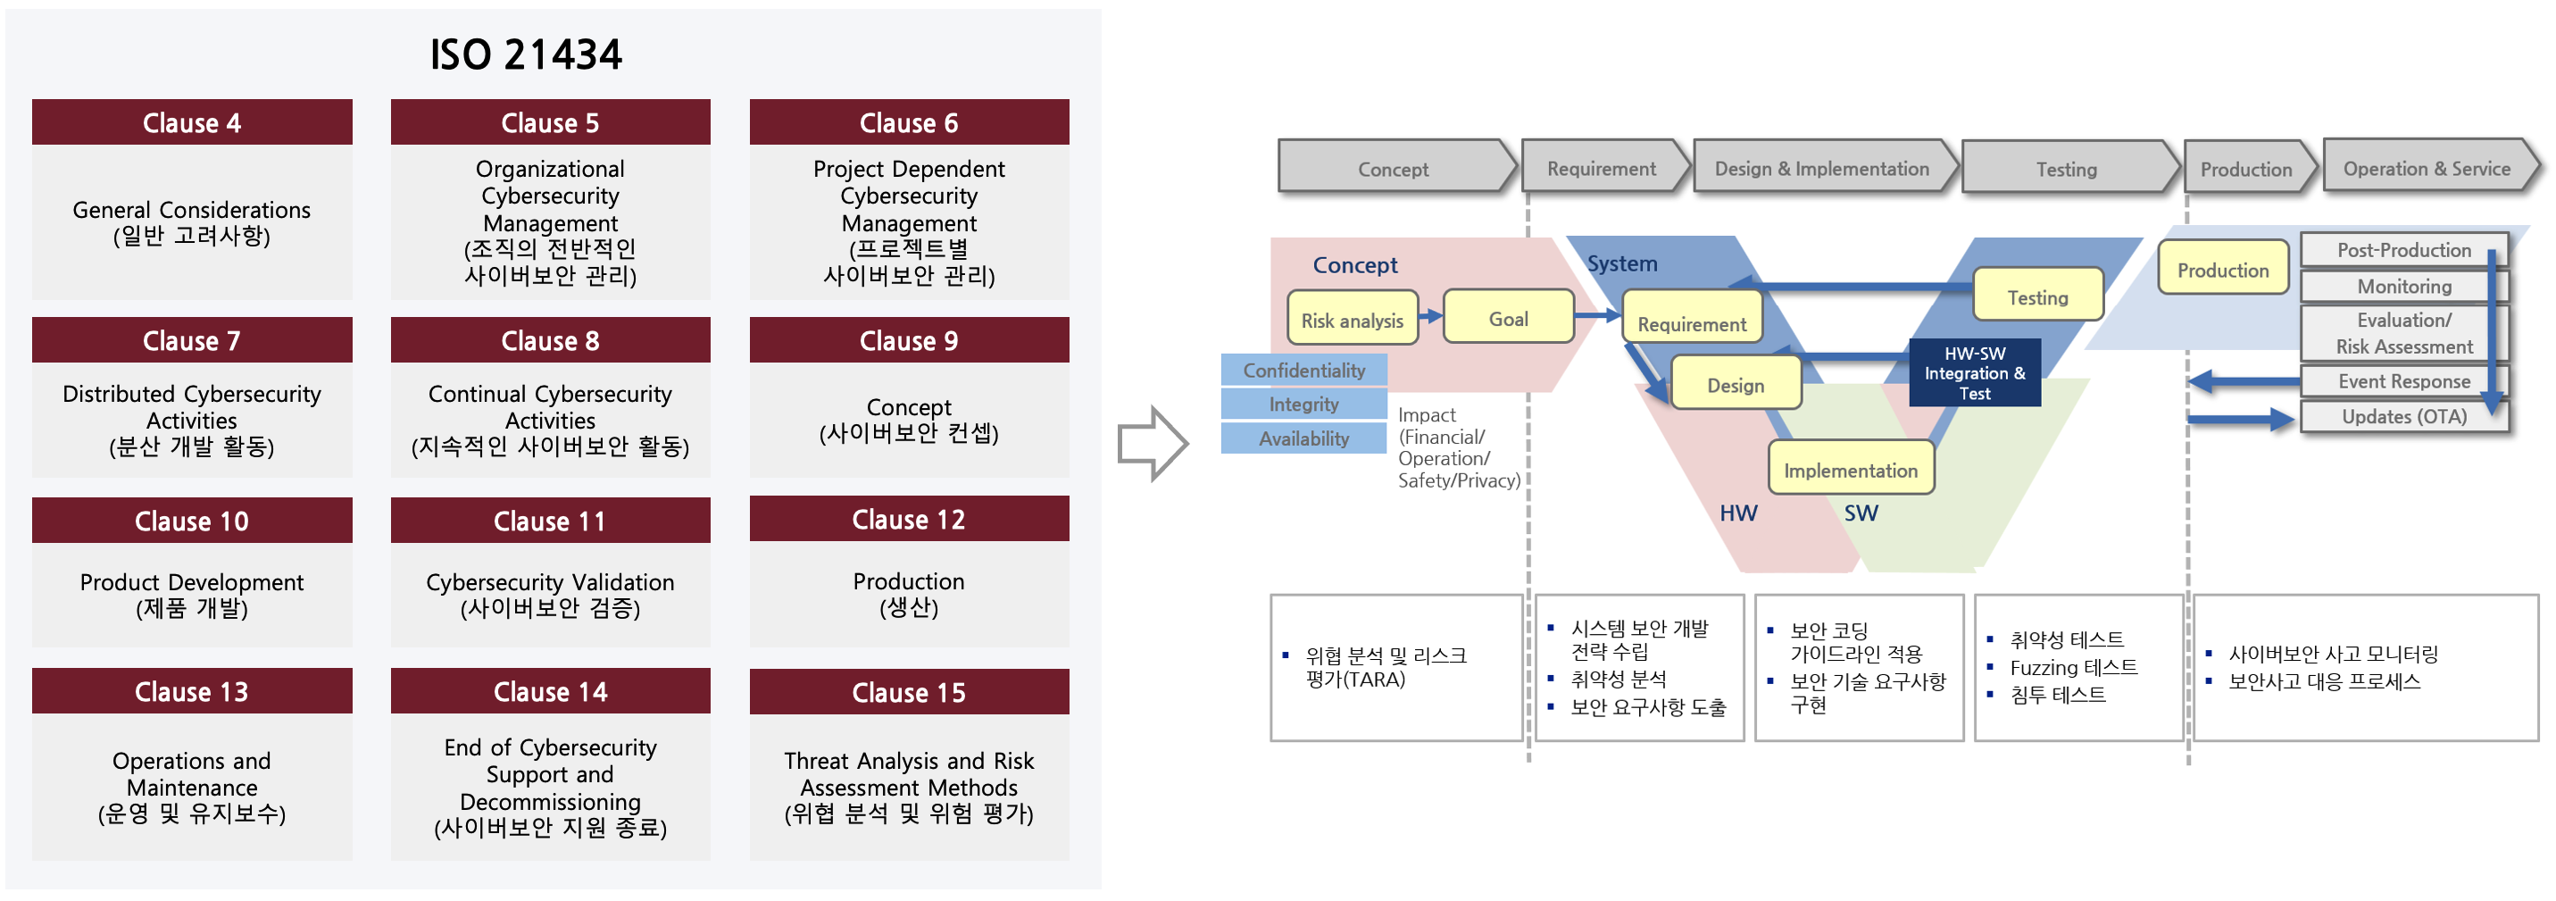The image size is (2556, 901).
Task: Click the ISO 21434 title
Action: point(525,54)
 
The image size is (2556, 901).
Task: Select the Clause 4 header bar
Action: point(192,123)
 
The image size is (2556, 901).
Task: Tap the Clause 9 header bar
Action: point(908,340)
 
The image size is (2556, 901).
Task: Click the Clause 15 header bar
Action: point(908,693)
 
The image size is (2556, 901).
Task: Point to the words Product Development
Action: point(192,582)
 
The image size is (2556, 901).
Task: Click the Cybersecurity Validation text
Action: point(550,582)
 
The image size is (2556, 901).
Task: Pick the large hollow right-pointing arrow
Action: point(1152,444)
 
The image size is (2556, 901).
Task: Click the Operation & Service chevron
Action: point(2427,168)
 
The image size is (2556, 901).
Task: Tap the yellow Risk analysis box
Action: point(1352,320)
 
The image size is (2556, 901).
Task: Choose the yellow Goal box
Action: point(1507,319)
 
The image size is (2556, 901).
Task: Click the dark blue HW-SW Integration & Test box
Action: point(1974,373)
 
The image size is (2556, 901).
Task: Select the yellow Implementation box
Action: point(1850,470)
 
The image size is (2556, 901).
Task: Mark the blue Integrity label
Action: point(1303,404)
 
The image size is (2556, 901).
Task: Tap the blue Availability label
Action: point(1303,438)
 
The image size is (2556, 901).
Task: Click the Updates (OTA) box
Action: point(2403,417)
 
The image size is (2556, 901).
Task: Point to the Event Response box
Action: point(2403,381)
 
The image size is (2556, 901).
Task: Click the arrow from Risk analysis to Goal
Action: point(1430,316)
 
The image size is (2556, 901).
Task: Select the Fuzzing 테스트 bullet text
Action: point(2073,667)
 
